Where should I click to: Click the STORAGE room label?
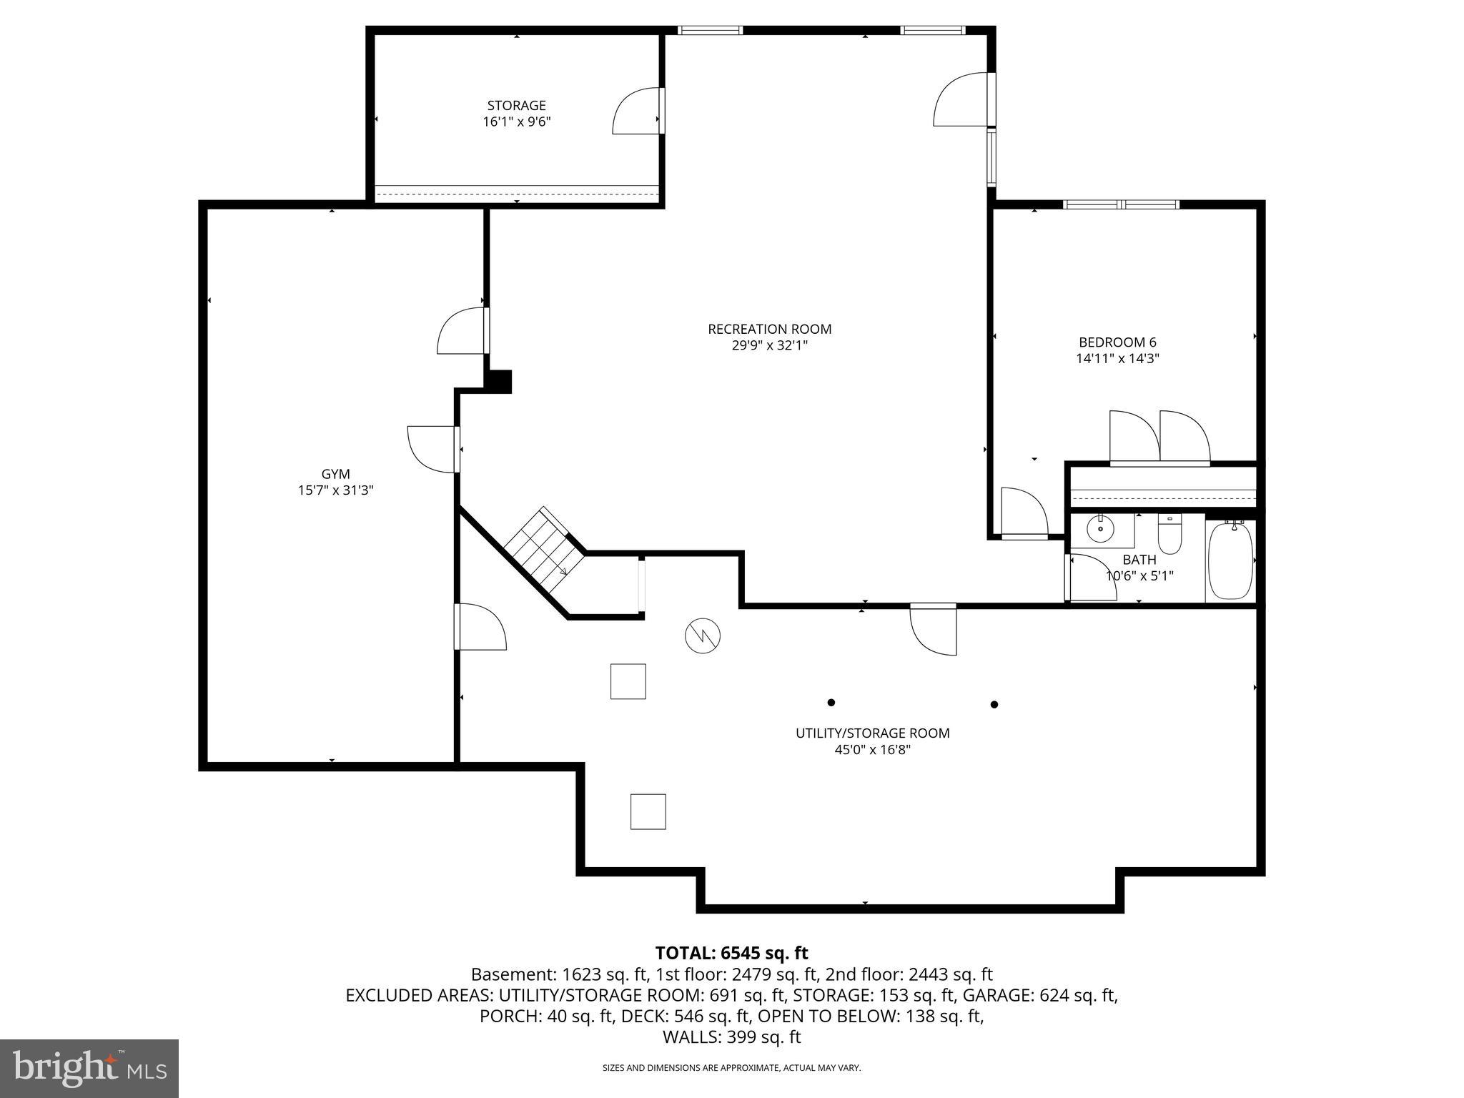(x=516, y=106)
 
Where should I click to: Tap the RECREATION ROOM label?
(x=769, y=329)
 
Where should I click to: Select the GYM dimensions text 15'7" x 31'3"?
(x=335, y=490)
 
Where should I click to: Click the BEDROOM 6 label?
(x=1117, y=342)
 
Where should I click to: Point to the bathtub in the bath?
(x=1230, y=561)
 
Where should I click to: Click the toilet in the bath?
(x=1169, y=535)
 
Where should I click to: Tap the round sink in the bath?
(x=1100, y=530)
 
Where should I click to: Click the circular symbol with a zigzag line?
(x=703, y=635)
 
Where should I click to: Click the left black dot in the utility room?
(x=831, y=703)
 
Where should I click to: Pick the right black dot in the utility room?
(x=994, y=704)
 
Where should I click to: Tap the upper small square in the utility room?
(x=628, y=681)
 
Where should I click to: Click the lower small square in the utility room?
(x=648, y=811)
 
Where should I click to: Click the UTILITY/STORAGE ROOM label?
(x=872, y=733)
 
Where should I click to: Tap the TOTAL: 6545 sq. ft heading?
(x=731, y=953)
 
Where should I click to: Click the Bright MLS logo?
(x=89, y=1068)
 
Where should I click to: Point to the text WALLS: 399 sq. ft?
(x=731, y=1037)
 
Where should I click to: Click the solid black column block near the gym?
(x=499, y=380)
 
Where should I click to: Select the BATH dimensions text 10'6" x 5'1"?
(x=1139, y=576)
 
